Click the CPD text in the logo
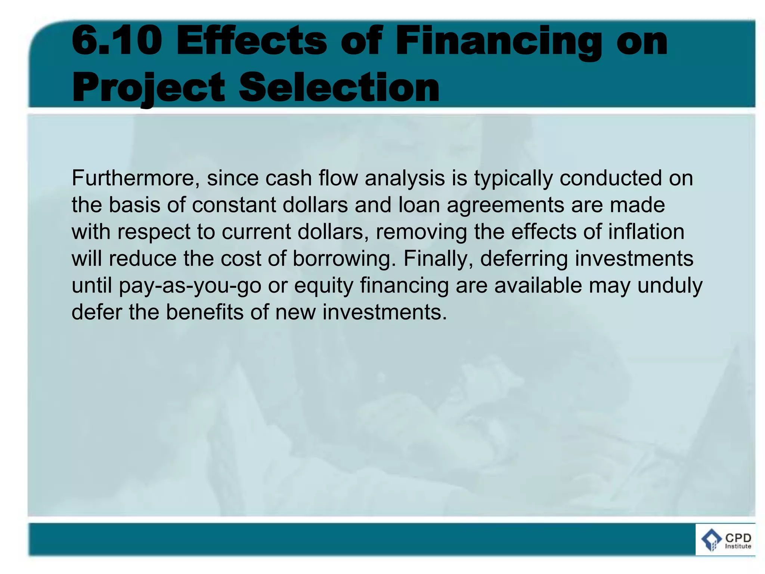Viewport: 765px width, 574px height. click(x=738, y=538)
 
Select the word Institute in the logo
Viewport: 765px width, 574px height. click(x=738, y=546)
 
